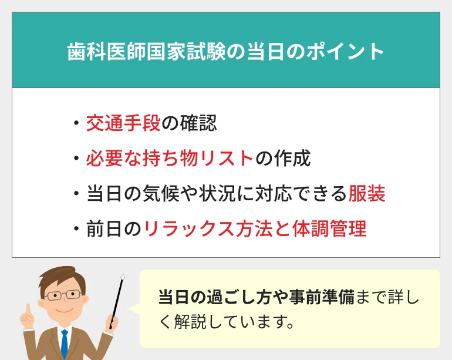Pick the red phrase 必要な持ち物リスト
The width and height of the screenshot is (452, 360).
tap(170, 158)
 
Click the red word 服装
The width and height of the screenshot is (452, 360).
tap(366, 193)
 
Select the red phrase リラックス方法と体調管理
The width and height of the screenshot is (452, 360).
tap(255, 228)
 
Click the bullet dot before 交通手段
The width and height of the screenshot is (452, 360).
tap(76, 123)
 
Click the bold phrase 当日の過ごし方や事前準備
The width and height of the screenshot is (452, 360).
tap(256, 298)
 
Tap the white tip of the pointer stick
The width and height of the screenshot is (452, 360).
tap(123, 276)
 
